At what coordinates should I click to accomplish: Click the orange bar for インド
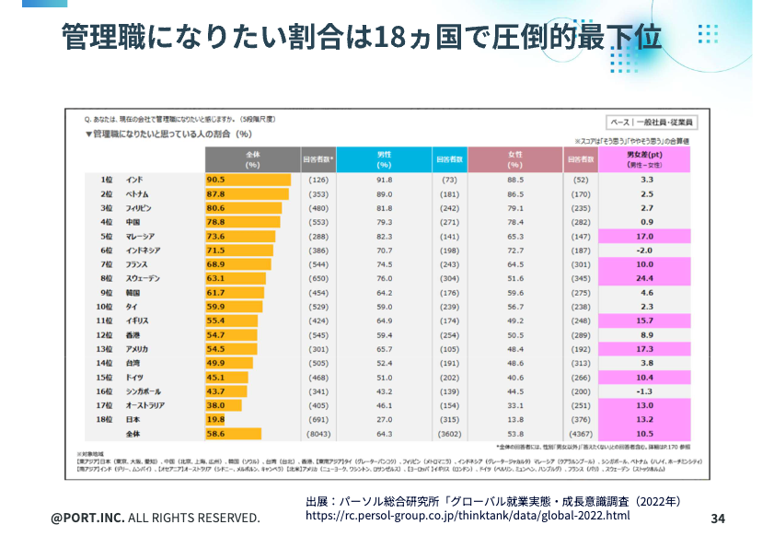pos(248,180)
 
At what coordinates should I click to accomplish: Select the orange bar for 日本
pos(215,419)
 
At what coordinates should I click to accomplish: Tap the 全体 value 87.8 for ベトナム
pos(215,194)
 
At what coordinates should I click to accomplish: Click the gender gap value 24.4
pos(646,278)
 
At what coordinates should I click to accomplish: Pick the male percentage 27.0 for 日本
pos(385,419)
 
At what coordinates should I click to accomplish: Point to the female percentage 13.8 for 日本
pos(515,419)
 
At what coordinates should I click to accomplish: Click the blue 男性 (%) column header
pos(385,159)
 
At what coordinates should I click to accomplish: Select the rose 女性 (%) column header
pos(515,159)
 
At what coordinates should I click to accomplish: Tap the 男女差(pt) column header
pos(646,159)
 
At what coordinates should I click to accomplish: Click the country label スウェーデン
pos(144,278)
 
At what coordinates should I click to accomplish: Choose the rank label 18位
pos(103,419)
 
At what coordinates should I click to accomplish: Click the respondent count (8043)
pos(318,433)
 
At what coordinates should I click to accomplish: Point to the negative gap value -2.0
pos(646,251)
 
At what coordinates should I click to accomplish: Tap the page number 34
pos(719,519)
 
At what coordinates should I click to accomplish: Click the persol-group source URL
pos(468,516)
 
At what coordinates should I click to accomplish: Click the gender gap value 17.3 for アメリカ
pos(646,349)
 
